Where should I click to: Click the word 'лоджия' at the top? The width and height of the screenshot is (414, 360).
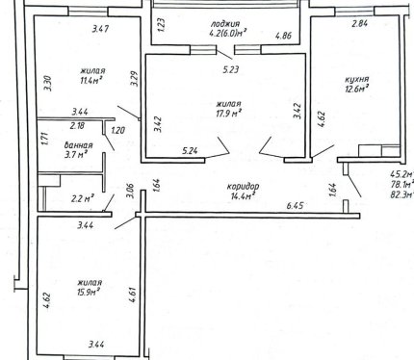click(225, 24)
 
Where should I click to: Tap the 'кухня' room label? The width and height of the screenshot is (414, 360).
click(356, 79)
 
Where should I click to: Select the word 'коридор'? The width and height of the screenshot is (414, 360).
click(243, 187)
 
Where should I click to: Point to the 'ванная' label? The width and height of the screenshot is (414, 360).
click(78, 145)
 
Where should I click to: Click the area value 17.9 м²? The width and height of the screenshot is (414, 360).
click(229, 113)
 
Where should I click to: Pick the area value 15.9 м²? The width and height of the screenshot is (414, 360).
click(90, 292)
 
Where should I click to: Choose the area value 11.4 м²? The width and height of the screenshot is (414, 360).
click(91, 80)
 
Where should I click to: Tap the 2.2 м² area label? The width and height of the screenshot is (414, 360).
click(82, 199)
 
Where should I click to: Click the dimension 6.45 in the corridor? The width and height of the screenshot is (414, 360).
click(295, 205)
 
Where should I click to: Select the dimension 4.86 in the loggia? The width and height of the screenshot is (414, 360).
click(284, 36)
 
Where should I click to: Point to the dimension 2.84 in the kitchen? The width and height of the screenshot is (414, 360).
click(360, 23)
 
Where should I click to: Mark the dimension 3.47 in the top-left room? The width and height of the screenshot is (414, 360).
click(101, 29)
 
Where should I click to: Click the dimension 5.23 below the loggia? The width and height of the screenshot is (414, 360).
click(231, 69)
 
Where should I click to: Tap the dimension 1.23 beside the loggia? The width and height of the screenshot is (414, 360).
click(162, 25)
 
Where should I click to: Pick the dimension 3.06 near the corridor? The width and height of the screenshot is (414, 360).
click(130, 191)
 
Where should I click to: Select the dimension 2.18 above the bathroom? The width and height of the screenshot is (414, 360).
click(77, 125)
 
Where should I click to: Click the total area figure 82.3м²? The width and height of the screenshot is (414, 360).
click(401, 194)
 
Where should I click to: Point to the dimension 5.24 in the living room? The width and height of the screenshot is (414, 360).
click(190, 150)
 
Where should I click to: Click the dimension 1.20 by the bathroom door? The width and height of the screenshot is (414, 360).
click(117, 131)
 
